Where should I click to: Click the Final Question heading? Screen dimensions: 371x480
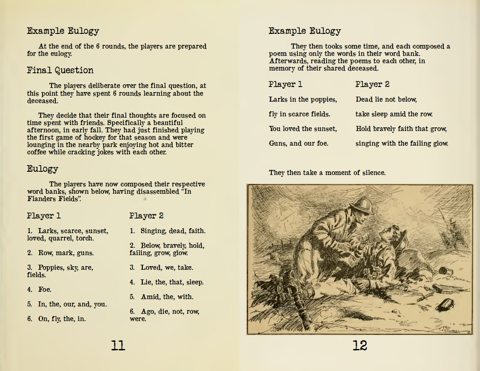[60, 70]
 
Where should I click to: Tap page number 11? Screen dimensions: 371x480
[118, 345]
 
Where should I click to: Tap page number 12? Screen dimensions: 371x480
[360, 345]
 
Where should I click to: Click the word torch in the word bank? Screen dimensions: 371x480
[85, 238]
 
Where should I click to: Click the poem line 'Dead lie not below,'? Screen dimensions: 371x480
[386, 99]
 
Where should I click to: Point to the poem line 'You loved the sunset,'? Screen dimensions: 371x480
[303, 129]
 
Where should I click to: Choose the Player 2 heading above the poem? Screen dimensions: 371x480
[372, 85]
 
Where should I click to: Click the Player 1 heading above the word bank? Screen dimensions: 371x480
[44, 216]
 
